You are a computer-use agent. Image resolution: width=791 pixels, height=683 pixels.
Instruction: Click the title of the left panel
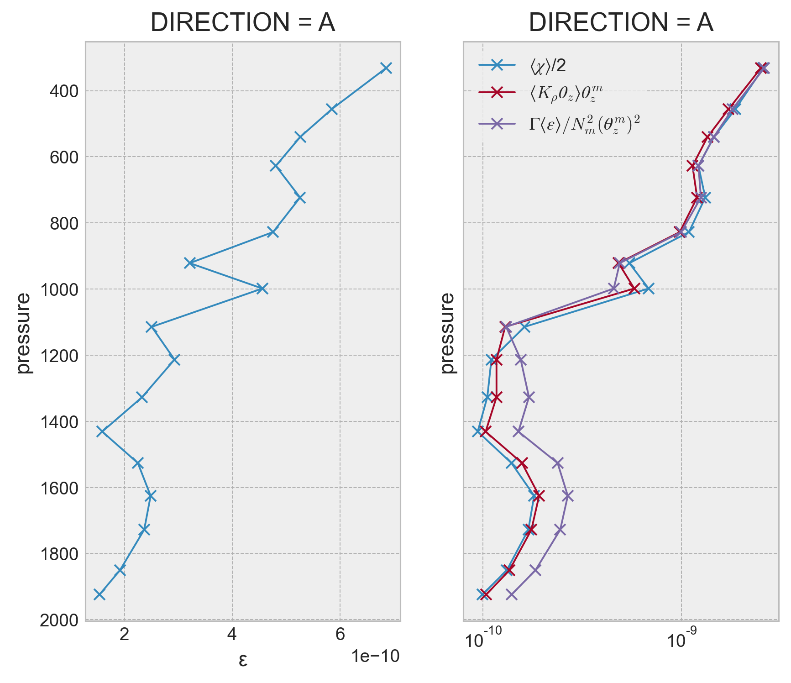(x=243, y=23)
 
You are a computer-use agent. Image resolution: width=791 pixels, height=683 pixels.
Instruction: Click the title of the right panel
(x=621, y=23)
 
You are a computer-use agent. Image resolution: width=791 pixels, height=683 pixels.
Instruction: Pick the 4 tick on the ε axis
(x=232, y=635)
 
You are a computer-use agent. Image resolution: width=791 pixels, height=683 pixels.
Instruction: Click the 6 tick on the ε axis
(x=340, y=635)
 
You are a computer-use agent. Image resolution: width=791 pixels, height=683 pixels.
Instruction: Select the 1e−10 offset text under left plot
(x=375, y=657)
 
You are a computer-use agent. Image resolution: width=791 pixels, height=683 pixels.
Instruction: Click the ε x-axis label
(x=243, y=660)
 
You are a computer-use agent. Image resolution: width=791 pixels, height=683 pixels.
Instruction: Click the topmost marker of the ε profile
(x=386, y=68)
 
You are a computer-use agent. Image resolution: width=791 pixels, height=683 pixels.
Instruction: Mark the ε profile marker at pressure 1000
(x=262, y=289)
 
